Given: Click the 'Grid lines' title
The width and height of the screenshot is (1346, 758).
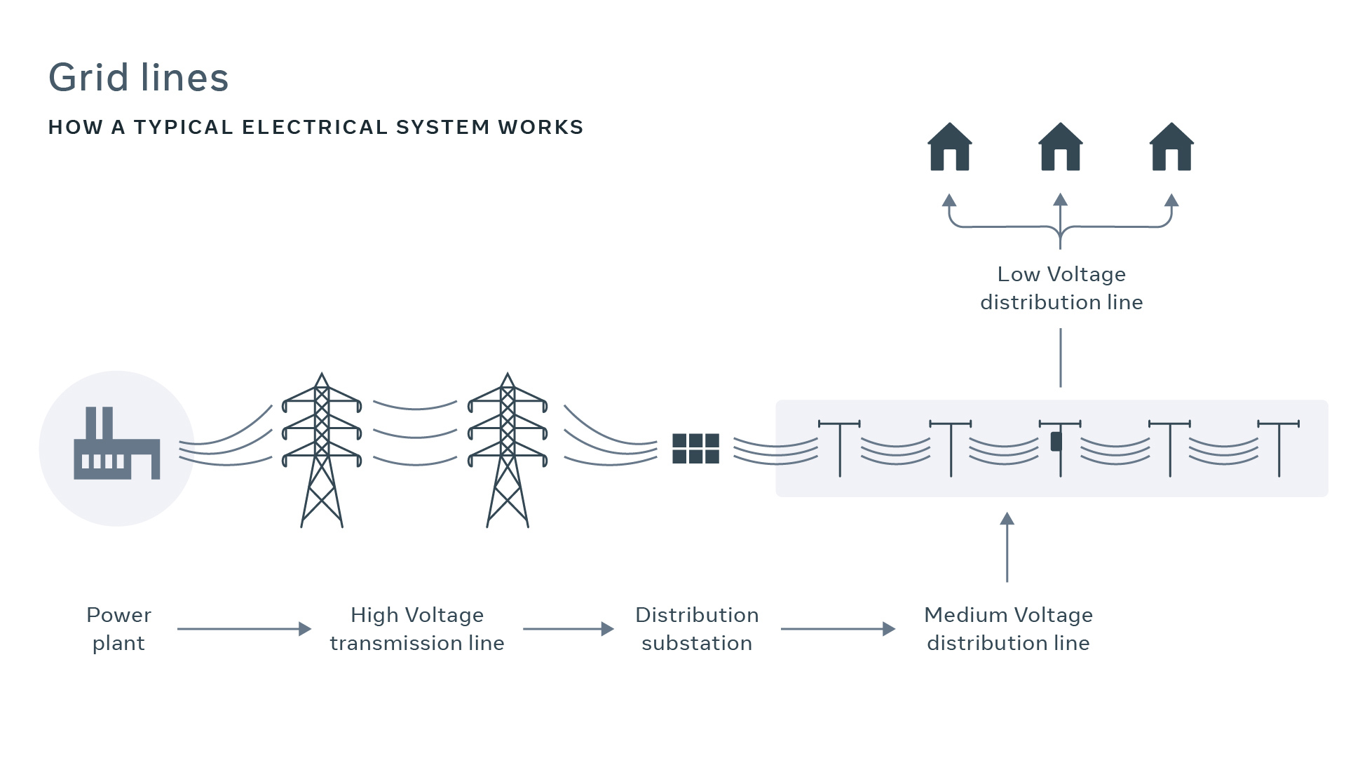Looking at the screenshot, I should [138, 77].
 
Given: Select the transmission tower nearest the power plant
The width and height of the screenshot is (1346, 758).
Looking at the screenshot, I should [322, 449].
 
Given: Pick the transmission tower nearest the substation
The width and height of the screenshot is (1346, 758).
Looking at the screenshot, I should [508, 449].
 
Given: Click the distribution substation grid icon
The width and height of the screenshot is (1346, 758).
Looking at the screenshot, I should [695, 449].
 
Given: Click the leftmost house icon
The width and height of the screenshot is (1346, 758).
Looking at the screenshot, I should [949, 148].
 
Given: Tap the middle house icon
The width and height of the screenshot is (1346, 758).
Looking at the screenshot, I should [1060, 148].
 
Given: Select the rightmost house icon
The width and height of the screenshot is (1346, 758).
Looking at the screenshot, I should [1171, 148].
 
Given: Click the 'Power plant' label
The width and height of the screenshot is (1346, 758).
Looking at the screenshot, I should [118, 629].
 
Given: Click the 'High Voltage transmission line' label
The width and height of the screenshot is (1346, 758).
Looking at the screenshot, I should [417, 629].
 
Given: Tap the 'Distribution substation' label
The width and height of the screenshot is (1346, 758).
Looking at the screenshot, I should [697, 629].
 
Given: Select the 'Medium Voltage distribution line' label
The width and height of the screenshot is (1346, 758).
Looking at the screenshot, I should [1008, 629].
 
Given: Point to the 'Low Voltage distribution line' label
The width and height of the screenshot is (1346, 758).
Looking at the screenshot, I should [1061, 288].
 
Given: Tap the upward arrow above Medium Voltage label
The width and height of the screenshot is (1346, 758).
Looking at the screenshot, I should [1007, 547].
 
